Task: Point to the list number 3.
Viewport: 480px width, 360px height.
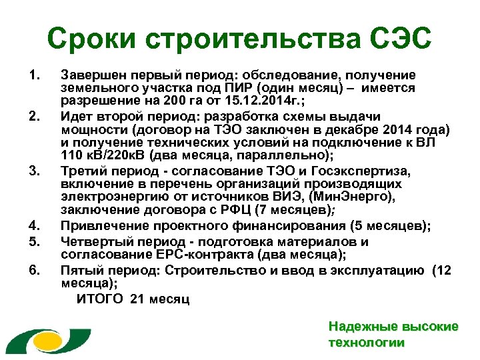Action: coord(35,171)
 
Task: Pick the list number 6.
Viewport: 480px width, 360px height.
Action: coord(35,270)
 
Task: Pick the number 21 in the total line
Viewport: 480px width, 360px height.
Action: coord(137,298)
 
